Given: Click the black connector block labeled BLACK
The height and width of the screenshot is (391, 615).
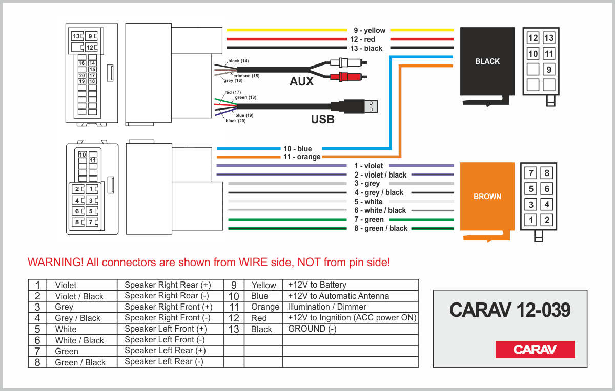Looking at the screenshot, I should point(487,61).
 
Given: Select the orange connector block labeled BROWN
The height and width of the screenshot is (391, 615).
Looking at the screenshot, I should point(487,196).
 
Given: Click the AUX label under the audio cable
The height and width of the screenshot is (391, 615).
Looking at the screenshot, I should point(301,81).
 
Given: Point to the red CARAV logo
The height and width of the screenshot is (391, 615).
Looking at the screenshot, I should point(535,350).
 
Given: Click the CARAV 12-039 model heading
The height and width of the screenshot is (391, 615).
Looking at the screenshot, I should point(510,310).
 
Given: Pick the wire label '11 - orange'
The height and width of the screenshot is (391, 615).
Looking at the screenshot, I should point(302,157).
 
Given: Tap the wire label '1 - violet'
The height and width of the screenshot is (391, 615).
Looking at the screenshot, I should point(368,166).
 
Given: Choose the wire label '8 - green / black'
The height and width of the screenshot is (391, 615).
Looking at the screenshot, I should point(381,228).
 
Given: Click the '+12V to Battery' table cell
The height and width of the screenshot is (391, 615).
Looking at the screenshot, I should point(317,285).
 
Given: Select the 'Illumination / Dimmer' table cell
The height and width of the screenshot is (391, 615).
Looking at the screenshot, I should point(327,307).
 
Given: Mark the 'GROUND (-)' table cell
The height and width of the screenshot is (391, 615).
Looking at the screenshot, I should point(312,329).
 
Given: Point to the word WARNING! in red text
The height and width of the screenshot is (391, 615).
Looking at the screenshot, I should point(55,263).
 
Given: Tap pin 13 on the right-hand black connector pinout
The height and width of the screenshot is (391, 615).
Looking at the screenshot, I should point(549,38).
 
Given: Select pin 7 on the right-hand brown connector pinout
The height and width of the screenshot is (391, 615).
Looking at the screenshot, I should point(532,173).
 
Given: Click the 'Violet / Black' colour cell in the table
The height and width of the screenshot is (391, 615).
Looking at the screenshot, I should point(79,296).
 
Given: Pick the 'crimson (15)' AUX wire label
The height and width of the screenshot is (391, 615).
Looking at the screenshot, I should point(247,76).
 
